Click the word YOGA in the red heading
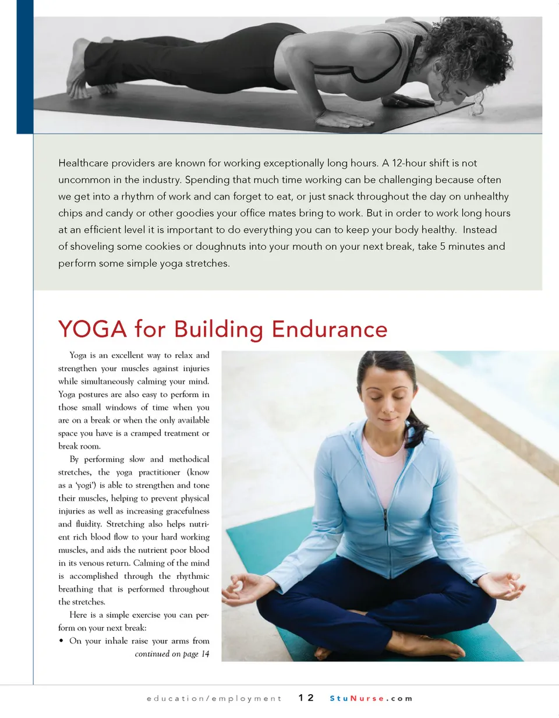click(x=93, y=330)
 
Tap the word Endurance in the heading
click(x=329, y=330)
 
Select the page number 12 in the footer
click(x=306, y=698)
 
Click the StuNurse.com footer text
click(x=371, y=698)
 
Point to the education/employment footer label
click(x=214, y=698)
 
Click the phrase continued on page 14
click(x=172, y=654)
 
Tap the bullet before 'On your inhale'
click(x=61, y=641)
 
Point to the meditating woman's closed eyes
click(x=387, y=396)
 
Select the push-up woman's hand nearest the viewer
click(x=344, y=119)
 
